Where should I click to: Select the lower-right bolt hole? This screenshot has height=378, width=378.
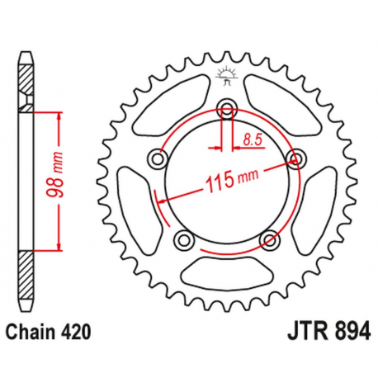[x=268, y=240]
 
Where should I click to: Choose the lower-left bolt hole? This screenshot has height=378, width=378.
[x=182, y=240]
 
